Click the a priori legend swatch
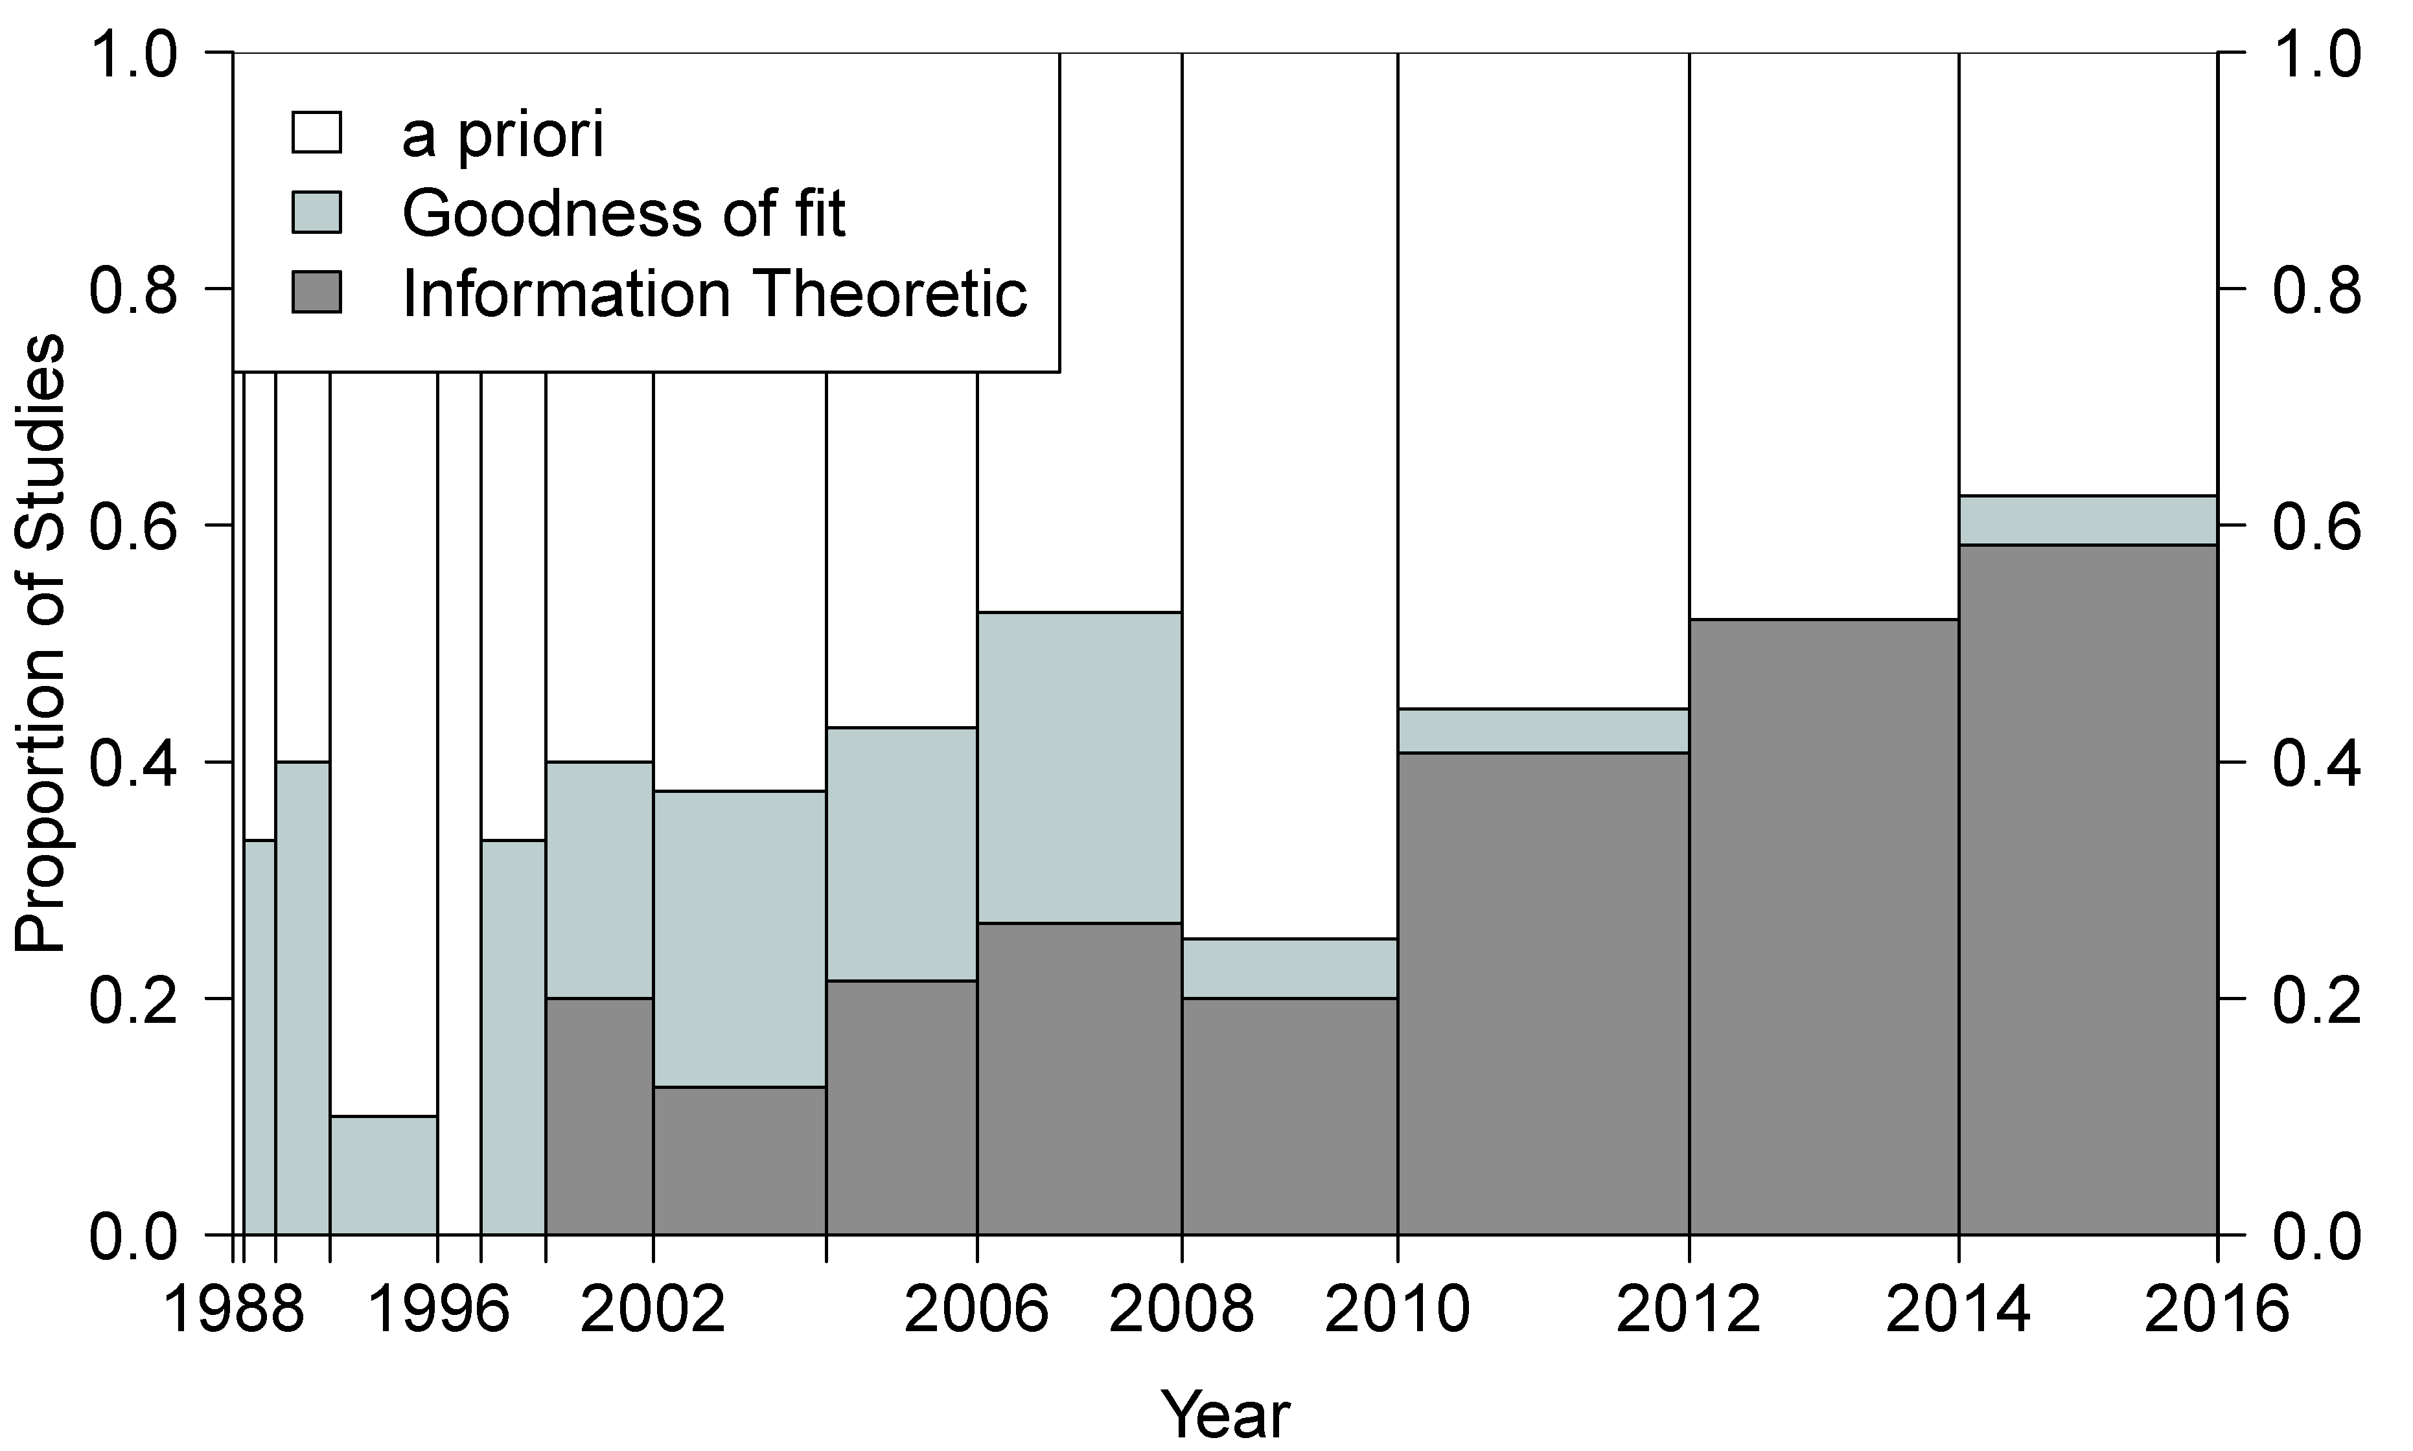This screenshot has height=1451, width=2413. tap(316, 133)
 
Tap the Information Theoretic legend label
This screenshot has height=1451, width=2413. tap(714, 293)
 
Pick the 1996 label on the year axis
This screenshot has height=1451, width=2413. tap(437, 1310)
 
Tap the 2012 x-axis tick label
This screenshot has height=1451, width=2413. tap(1688, 1310)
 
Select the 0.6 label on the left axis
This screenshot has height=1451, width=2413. tap(134, 526)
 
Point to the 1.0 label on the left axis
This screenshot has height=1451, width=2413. tap(134, 53)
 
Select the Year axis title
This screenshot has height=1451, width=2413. tap(1225, 1414)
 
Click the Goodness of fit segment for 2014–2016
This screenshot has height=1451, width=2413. tap(2087, 520)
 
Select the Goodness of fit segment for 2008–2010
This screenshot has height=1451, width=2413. tap(1289, 968)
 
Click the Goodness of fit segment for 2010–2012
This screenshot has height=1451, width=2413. tap(1543, 731)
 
